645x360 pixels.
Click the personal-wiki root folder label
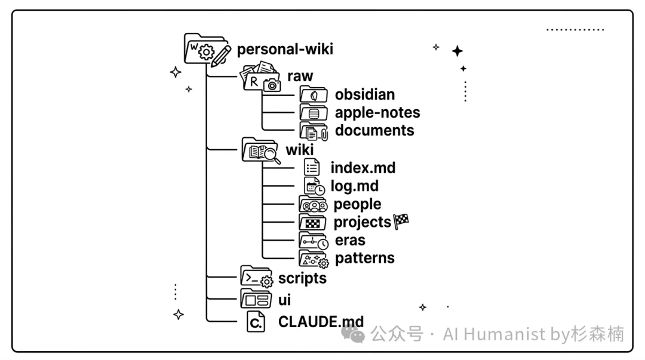coord(285,49)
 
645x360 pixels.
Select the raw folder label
coord(300,76)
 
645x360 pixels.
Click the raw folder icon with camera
coord(260,77)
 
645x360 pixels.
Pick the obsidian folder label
coord(364,94)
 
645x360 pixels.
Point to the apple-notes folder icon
coord(314,113)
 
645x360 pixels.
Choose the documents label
coord(374,130)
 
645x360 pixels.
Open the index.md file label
coord(363,168)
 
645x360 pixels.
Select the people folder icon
coord(314,204)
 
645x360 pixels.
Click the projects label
coord(362,222)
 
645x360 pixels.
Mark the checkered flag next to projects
coord(401,221)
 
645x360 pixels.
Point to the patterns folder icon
coord(314,259)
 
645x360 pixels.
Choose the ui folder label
coord(285,299)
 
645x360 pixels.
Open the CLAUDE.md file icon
coord(256,322)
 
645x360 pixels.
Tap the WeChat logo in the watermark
coord(357,335)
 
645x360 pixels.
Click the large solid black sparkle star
coord(457,51)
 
